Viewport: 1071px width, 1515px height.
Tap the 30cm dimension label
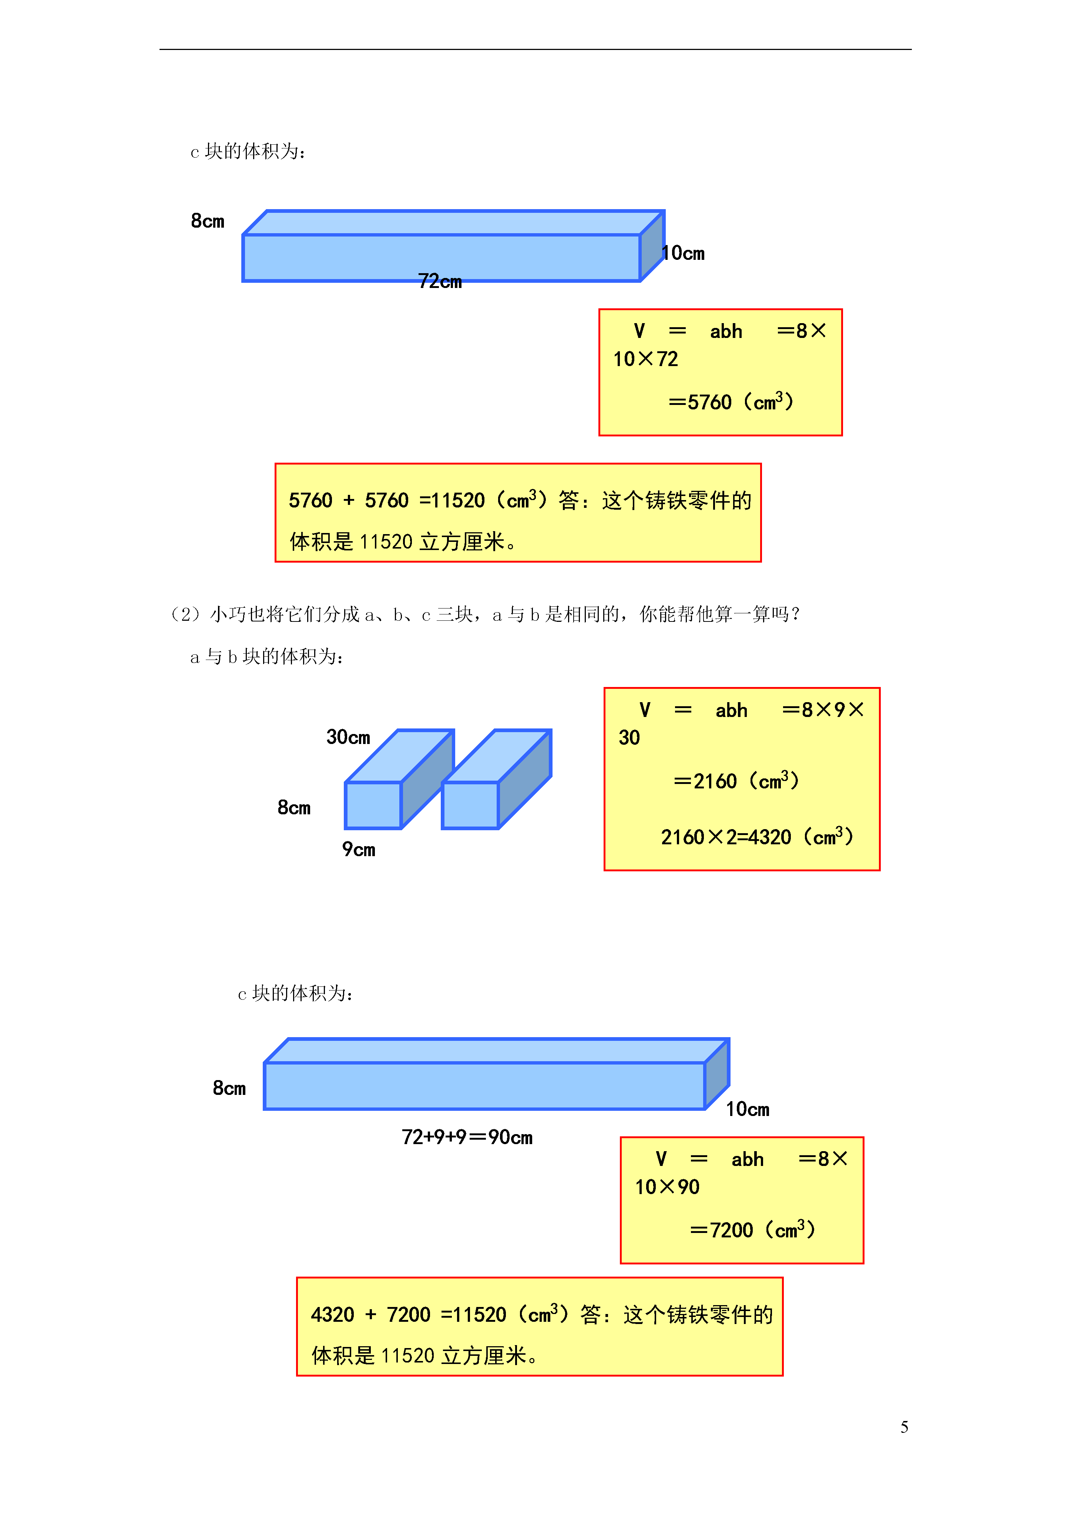tap(348, 737)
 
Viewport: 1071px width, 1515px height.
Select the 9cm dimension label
tap(358, 849)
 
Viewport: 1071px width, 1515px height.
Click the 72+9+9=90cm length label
tap(467, 1137)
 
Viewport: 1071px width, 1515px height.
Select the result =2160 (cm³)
tap(736, 781)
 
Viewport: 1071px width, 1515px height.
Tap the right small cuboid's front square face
tap(470, 805)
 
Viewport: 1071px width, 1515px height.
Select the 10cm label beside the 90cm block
tap(748, 1109)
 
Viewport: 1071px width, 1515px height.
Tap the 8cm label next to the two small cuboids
tap(293, 808)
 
